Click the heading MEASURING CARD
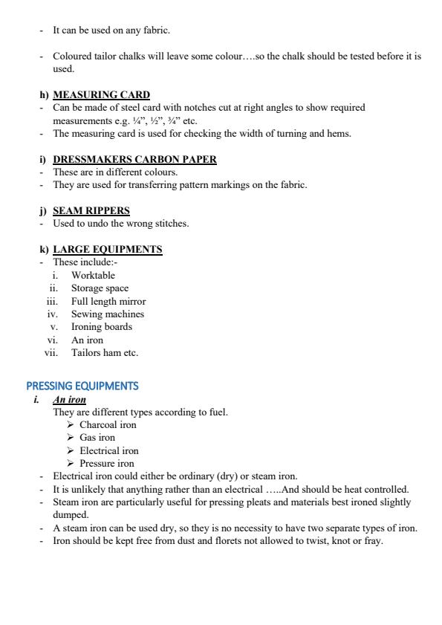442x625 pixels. [x=101, y=94]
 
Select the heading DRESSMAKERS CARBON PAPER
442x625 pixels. [x=134, y=159]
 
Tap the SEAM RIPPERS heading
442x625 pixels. [x=91, y=210]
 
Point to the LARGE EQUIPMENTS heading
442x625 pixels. [x=107, y=249]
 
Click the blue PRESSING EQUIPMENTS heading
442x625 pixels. [x=82, y=386]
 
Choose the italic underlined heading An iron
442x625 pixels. [x=69, y=399]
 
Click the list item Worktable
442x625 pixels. [x=93, y=275]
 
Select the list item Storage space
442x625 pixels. [x=100, y=288]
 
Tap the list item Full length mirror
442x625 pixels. [x=108, y=301]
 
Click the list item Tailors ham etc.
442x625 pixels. [x=105, y=353]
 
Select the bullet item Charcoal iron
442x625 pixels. [x=108, y=425]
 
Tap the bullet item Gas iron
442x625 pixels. [x=97, y=438]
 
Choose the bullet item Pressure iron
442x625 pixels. [x=107, y=463]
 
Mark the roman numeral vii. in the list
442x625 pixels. [x=51, y=353]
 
